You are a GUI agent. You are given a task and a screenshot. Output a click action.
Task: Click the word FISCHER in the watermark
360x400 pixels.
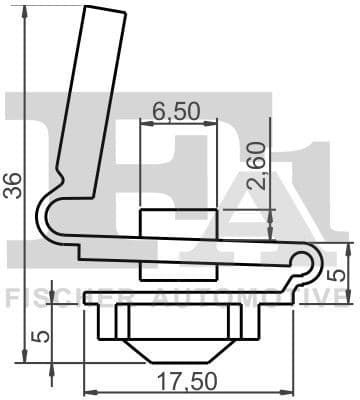click(x=50, y=297)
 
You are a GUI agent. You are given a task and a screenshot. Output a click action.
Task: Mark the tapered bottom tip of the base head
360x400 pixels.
click(x=182, y=357)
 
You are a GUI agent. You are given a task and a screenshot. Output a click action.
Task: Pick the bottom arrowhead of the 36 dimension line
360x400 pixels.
click(x=24, y=359)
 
